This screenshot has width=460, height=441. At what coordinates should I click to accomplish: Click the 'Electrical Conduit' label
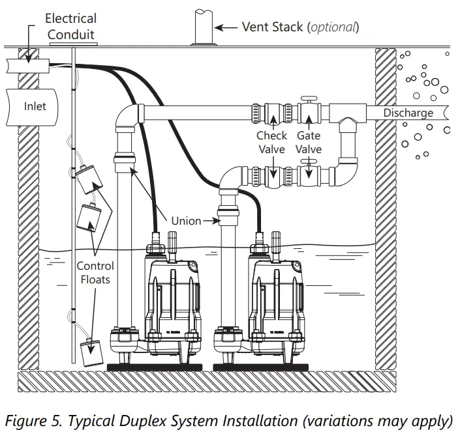(x=70, y=26)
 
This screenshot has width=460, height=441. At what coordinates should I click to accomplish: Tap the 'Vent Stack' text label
(x=300, y=27)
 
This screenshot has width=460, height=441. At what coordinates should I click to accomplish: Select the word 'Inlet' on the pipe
(x=35, y=106)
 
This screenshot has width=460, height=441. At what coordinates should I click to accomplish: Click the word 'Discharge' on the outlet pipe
(x=408, y=113)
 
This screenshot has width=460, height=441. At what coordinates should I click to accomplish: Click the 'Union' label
(x=186, y=221)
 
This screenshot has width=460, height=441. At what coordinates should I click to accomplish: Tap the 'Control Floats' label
(x=95, y=272)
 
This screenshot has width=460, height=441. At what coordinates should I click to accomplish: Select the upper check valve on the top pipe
(x=271, y=113)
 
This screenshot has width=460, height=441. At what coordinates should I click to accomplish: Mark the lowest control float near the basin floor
(x=93, y=352)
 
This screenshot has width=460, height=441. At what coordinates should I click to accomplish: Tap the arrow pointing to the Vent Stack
(x=226, y=27)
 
